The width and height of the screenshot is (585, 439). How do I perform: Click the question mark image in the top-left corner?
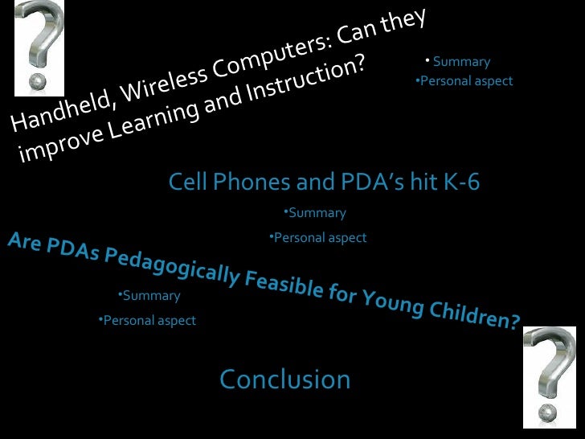[39, 47]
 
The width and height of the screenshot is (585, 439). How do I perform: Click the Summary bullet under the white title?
[460, 62]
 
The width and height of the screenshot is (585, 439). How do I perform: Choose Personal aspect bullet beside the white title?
[465, 81]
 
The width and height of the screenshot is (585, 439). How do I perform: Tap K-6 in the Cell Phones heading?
[460, 183]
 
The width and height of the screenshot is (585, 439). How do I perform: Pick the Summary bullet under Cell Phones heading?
[316, 213]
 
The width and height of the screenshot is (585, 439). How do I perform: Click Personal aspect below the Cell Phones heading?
[319, 238]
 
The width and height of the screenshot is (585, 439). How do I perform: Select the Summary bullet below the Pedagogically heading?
[150, 296]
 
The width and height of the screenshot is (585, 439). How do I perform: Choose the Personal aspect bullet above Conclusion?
[149, 321]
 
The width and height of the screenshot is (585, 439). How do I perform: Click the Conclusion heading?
[285, 380]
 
